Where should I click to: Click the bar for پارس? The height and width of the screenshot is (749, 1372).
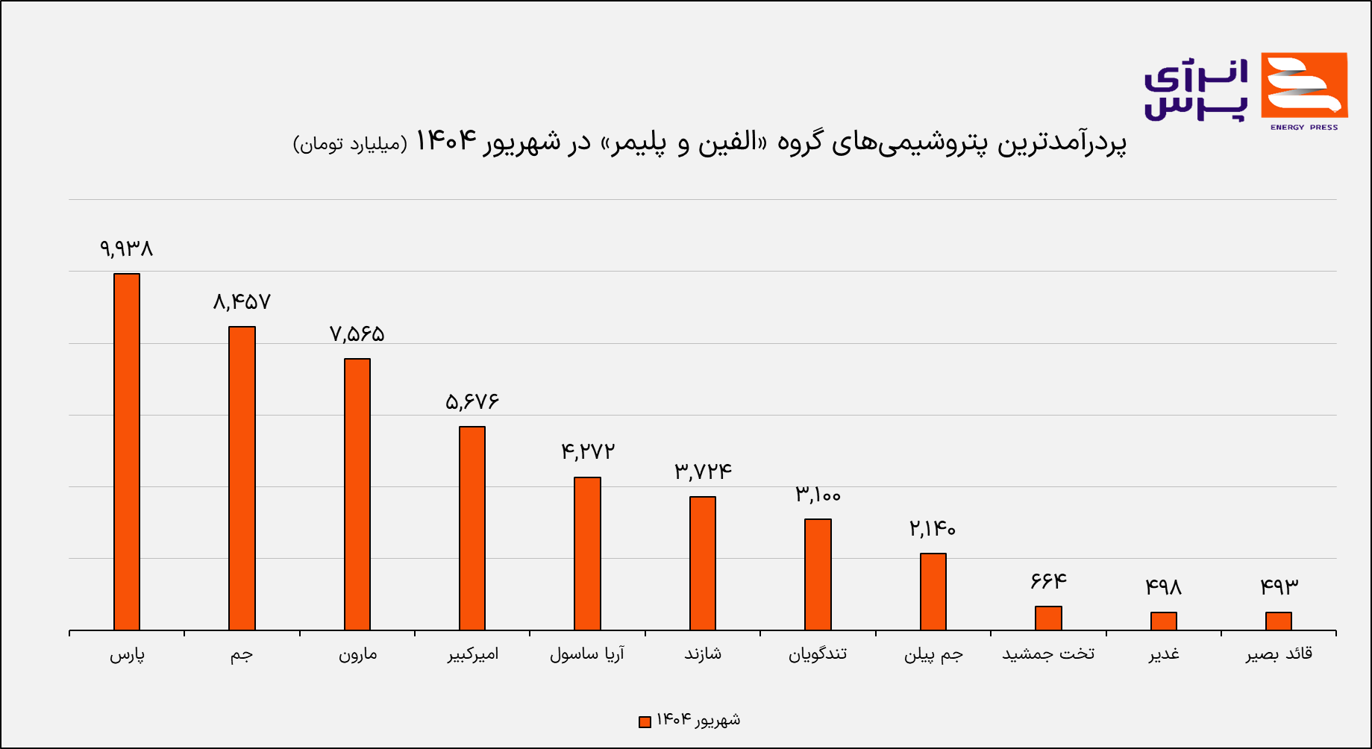(x=127, y=451)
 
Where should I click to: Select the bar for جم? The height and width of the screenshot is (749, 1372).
(x=242, y=478)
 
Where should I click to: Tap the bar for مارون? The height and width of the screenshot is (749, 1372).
(x=357, y=494)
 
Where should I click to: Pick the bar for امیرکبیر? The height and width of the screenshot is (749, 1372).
(x=472, y=528)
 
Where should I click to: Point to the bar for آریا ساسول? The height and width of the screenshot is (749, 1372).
(x=587, y=554)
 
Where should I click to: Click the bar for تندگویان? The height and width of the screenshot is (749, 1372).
(x=818, y=574)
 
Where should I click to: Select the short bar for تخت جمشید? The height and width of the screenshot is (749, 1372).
(x=1048, y=618)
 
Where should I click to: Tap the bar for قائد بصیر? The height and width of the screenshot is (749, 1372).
(x=1279, y=621)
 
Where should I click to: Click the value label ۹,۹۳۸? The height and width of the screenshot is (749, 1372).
(x=127, y=248)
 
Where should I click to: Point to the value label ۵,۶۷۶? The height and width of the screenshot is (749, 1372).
(x=472, y=402)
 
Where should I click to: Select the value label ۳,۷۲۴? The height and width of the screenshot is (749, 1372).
(x=703, y=471)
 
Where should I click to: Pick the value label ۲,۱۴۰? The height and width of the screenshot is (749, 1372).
(x=933, y=529)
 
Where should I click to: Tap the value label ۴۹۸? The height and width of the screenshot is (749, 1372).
(x=1164, y=588)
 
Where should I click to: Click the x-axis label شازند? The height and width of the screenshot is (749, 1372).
(x=703, y=654)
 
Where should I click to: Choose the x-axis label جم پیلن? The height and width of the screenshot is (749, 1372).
(x=933, y=654)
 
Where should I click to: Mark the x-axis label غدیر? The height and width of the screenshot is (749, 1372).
(x=1164, y=654)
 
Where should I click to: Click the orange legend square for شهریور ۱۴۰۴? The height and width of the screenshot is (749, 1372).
(x=645, y=721)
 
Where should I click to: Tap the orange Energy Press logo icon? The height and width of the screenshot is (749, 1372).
(x=1304, y=86)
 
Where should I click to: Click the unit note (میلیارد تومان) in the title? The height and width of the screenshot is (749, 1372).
(x=351, y=143)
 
